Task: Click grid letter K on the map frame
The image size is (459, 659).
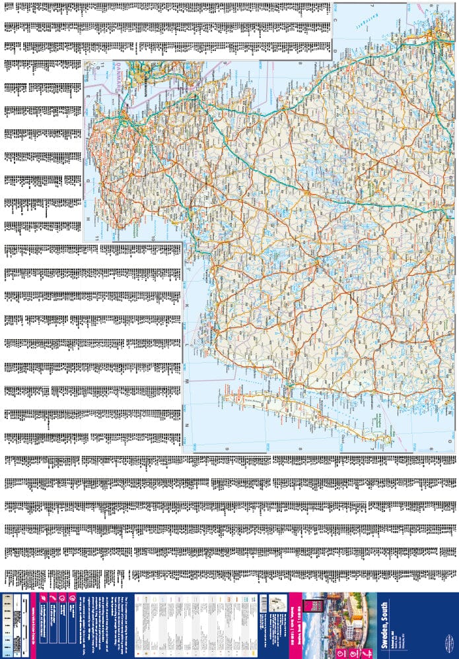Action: (187, 305)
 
